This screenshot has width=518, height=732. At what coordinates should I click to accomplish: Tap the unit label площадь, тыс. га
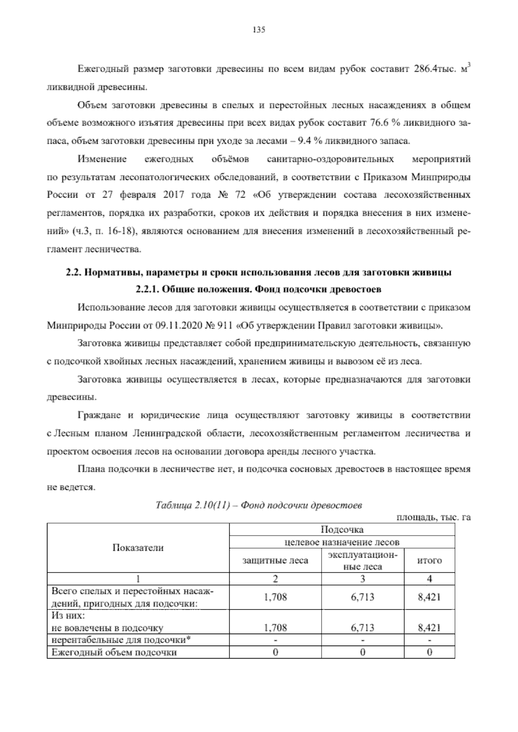(433, 517)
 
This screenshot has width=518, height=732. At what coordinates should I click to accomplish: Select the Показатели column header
(138, 548)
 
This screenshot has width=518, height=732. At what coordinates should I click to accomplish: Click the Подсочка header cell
(342, 529)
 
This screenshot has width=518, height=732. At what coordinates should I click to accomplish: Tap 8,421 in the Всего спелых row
(429, 597)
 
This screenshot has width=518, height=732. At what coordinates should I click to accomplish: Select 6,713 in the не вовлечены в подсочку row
(362, 628)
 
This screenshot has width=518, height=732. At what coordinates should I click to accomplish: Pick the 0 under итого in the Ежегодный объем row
(429, 652)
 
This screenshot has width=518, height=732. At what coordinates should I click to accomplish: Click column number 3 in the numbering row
(362, 578)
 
